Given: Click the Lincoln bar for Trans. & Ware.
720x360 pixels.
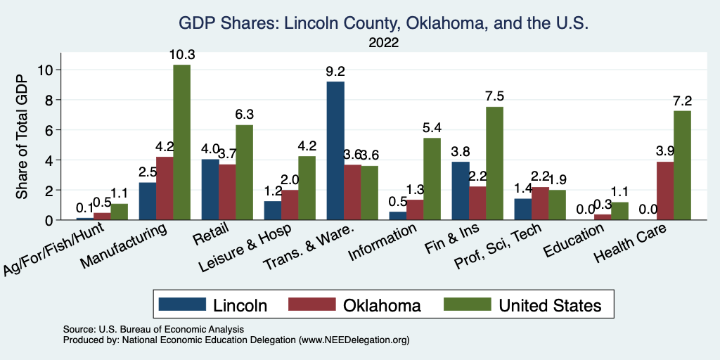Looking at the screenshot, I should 335,150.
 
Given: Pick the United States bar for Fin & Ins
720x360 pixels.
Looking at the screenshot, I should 494,163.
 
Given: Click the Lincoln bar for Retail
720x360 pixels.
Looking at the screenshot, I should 210,189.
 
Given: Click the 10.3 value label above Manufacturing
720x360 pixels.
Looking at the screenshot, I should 181,54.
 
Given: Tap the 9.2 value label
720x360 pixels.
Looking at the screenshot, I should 335,71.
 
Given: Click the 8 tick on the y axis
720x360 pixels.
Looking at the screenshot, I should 49,100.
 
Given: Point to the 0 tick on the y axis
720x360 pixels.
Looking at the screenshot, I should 49,220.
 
